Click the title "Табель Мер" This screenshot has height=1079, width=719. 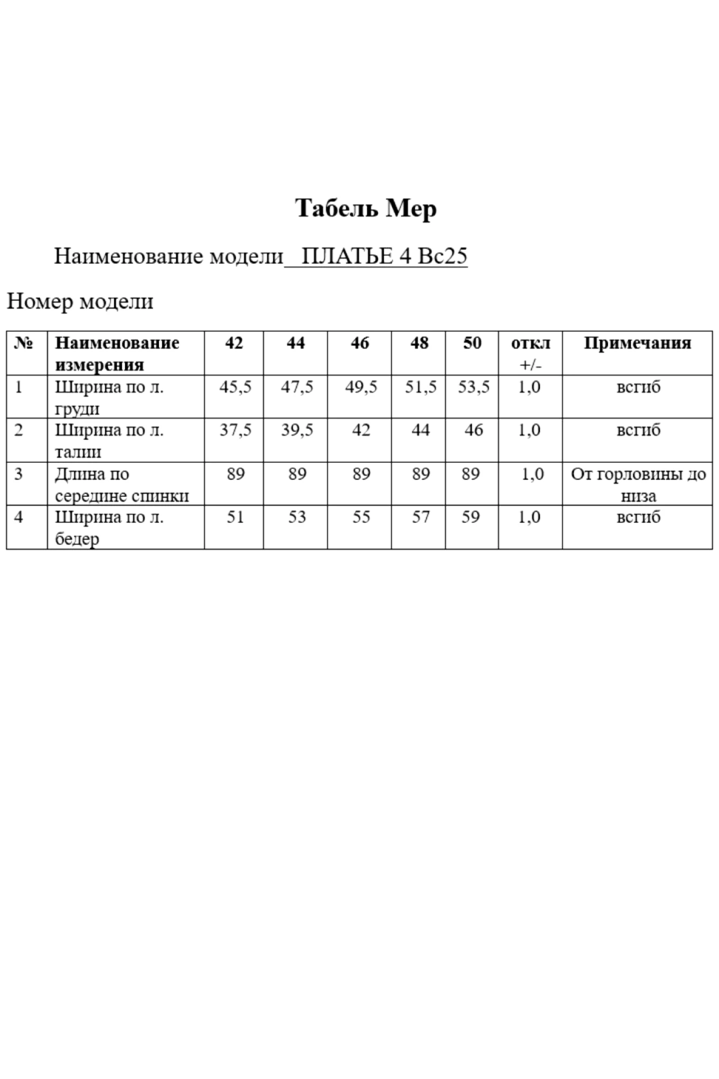point(366,208)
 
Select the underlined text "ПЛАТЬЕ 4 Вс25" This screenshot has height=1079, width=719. point(384,256)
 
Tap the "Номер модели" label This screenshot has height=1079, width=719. point(80,301)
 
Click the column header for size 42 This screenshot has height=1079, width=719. point(234,343)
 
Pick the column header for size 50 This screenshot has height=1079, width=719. point(472,343)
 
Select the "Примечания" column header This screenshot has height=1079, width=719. point(637,343)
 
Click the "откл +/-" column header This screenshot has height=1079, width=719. point(530,353)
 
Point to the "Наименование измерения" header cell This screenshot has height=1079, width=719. point(117,353)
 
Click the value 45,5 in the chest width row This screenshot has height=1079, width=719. point(235,387)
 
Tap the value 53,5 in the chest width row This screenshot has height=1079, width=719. point(474,387)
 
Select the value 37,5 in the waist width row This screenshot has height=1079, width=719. point(235,430)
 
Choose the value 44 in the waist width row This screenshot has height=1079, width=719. point(420,430)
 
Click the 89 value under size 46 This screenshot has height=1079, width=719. point(361,474)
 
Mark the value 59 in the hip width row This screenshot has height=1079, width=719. point(470,517)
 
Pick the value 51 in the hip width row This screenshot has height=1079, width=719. point(235,517)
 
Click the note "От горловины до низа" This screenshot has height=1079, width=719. point(638,484)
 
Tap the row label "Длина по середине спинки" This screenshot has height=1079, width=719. point(121,484)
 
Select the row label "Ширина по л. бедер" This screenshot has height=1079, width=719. point(109,527)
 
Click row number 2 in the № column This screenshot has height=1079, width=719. point(19,430)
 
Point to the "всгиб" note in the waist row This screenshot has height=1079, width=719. point(638,430)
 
